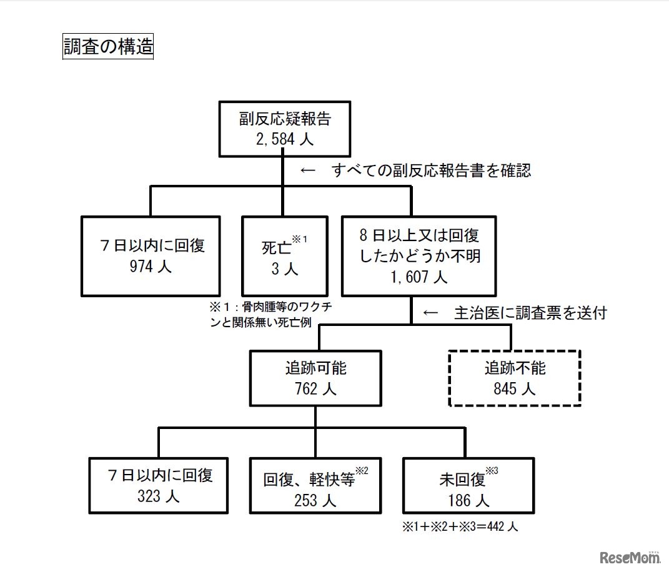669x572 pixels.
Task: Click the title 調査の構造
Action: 108,47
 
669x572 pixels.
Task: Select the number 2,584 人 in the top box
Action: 284,139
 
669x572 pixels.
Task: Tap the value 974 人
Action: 150,266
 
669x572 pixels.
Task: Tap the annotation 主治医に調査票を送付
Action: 530,313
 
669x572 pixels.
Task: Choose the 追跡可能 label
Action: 315,368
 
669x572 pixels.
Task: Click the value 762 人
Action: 315,389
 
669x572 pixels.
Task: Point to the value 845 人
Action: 515,389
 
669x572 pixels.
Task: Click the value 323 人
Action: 159,496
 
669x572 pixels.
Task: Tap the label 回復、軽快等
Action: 309,480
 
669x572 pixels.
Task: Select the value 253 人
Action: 315,500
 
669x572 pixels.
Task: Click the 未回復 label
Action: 462,480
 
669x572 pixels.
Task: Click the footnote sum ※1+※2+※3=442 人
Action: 460,526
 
